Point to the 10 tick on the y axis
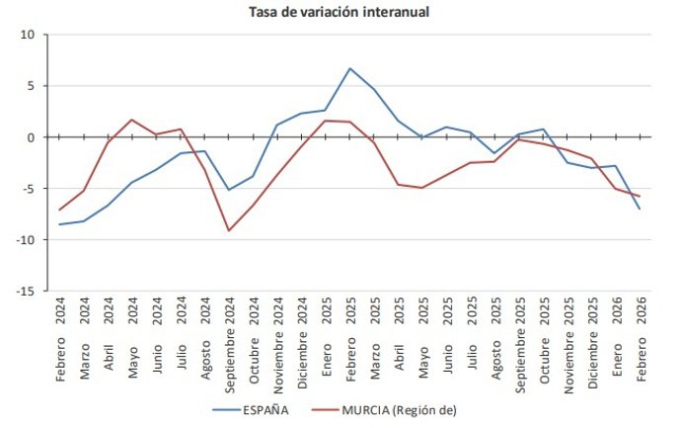tap(28, 35)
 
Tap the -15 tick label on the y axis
tap(25, 292)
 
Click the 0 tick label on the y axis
tap(31, 137)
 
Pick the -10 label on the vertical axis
tap(25, 240)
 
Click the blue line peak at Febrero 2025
tap(350, 68)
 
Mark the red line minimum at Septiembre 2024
tap(230, 231)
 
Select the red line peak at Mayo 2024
tap(132, 120)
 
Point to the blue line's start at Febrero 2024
tap(60, 224)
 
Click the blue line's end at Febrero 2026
tap(640, 209)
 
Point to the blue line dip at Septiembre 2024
tap(230, 190)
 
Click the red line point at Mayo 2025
tap(422, 188)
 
